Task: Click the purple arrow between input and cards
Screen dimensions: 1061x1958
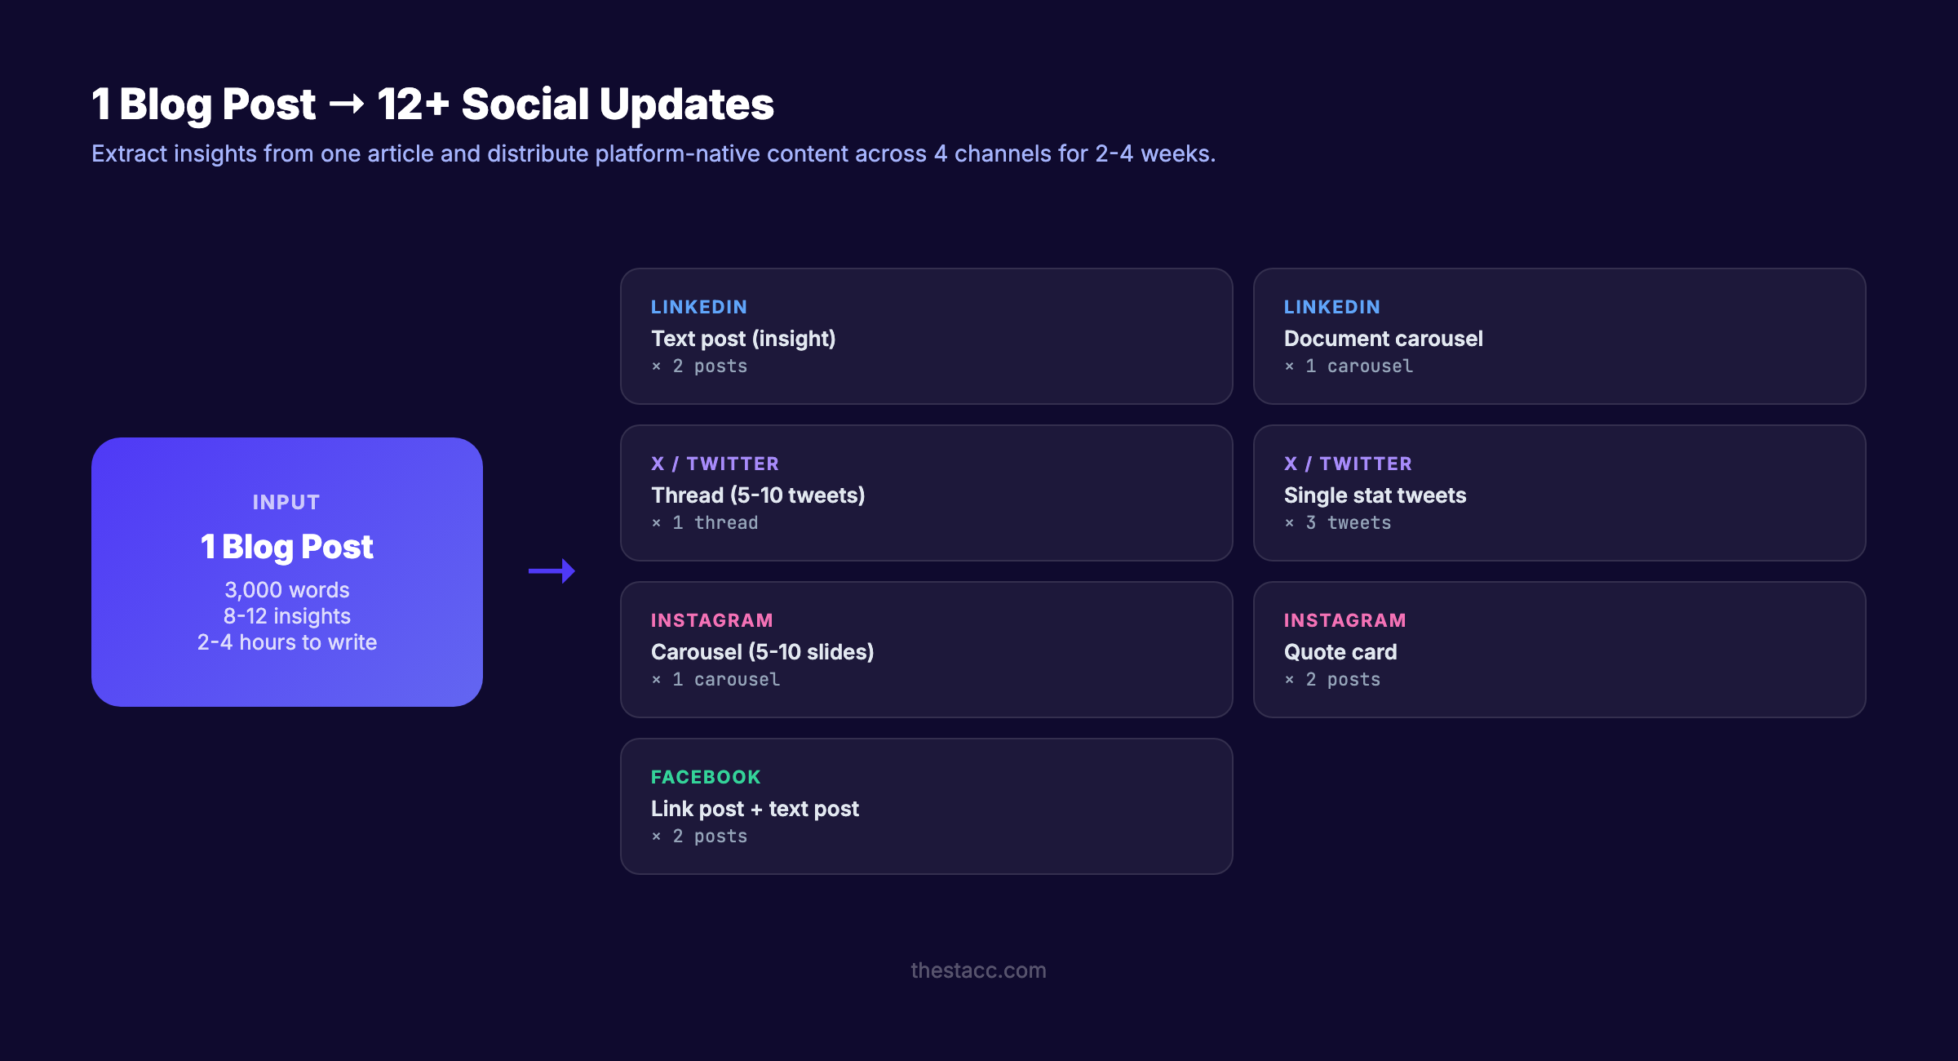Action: tap(552, 570)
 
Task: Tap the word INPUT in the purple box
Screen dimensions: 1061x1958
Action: tap(286, 503)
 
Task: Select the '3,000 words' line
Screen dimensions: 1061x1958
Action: tap(287, 590)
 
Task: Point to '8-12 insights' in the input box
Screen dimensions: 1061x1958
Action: tap(287, 616)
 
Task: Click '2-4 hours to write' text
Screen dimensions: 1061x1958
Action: tap(287, 642)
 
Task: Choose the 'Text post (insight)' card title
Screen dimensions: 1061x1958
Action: tap(743, 339)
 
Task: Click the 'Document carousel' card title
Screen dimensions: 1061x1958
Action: tap(1383, 339)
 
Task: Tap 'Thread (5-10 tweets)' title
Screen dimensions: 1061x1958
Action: tap(758, 495)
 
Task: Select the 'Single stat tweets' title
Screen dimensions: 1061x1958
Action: tap(1375, 495)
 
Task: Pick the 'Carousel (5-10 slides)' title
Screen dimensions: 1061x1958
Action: tap(762, 652)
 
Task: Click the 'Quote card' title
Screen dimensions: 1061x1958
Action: tap(1340, 652)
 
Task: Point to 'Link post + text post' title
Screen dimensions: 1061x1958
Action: tap(755, 809)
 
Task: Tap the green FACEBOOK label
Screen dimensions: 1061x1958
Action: tap(706, 777)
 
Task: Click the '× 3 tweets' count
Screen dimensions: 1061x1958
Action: tap(1338, 523)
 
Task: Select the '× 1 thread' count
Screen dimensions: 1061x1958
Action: tap(705, 523)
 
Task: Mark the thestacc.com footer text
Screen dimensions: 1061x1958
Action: tap(978, 970)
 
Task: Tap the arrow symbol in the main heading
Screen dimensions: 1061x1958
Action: tap(347, 104)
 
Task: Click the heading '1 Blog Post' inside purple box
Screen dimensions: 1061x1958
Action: tap(287, 547)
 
